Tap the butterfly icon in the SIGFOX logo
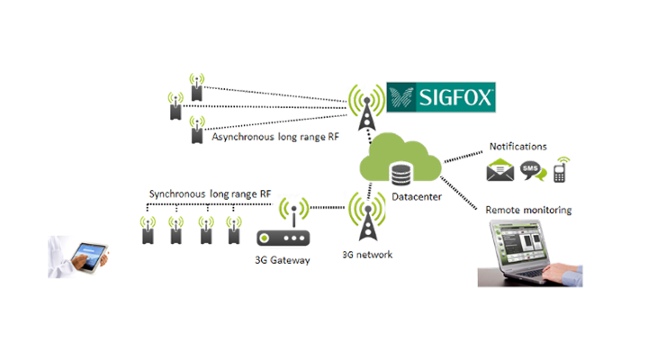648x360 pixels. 401,96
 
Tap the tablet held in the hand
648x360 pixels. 88,255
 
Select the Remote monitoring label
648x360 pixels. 528,210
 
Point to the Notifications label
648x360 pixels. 516,148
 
